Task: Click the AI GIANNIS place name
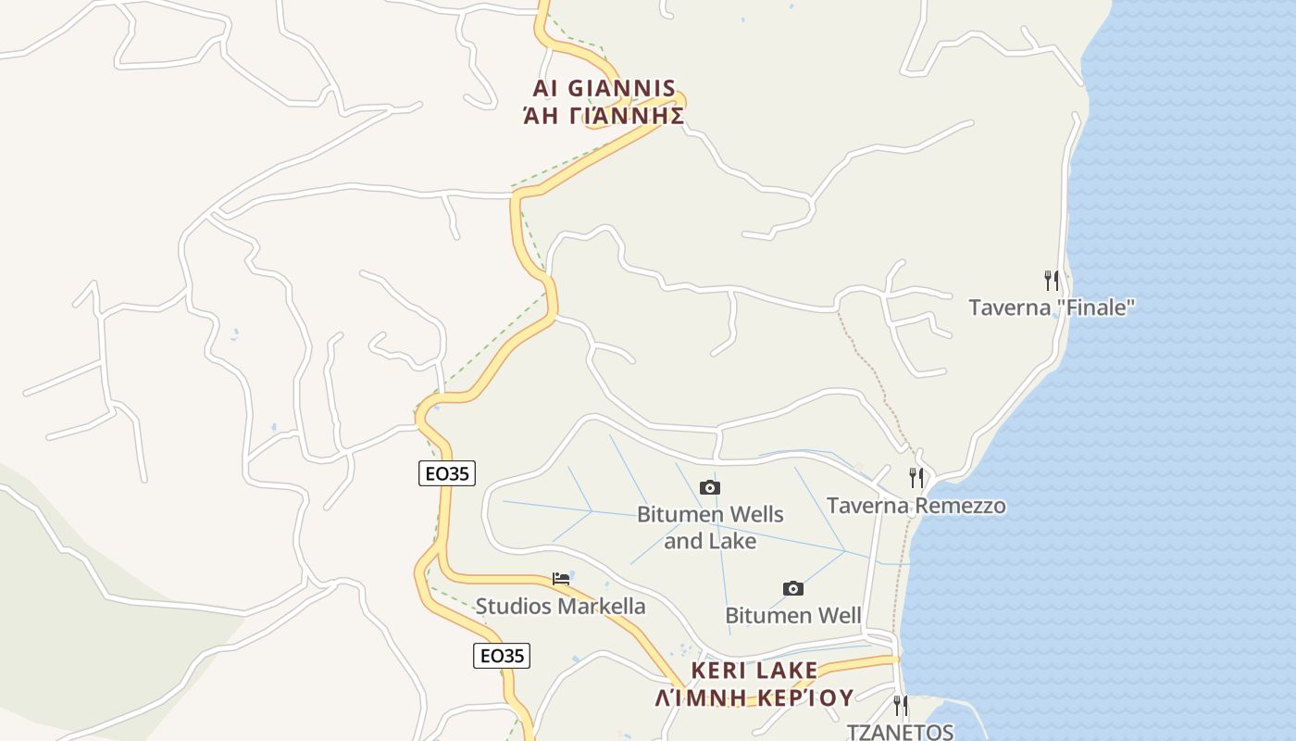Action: coord(604,89)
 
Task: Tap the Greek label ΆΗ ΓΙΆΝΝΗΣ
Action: coord(604,116)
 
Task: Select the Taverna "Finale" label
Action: coord(1052,308)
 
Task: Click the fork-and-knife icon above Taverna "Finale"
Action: coord(1052,280)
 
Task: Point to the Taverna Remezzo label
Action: coord(916,506)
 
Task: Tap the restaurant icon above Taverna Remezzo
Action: coord(916,478)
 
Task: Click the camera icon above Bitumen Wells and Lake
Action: coord(710,487)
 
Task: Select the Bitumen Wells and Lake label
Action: coord(710,527)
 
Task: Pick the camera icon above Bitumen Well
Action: coord(793,588)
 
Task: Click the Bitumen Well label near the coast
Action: coord(793,616)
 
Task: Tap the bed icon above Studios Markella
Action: coord(561,579)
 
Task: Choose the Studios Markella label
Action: coord(560,607)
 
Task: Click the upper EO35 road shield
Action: coord(446,473)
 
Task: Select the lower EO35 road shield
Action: coord(502,656)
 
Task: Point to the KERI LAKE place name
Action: coord(754,670)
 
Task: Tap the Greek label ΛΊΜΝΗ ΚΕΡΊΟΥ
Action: coord(754,697)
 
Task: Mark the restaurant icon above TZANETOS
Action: coord(900,706)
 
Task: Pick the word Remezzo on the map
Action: coord(959,506)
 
